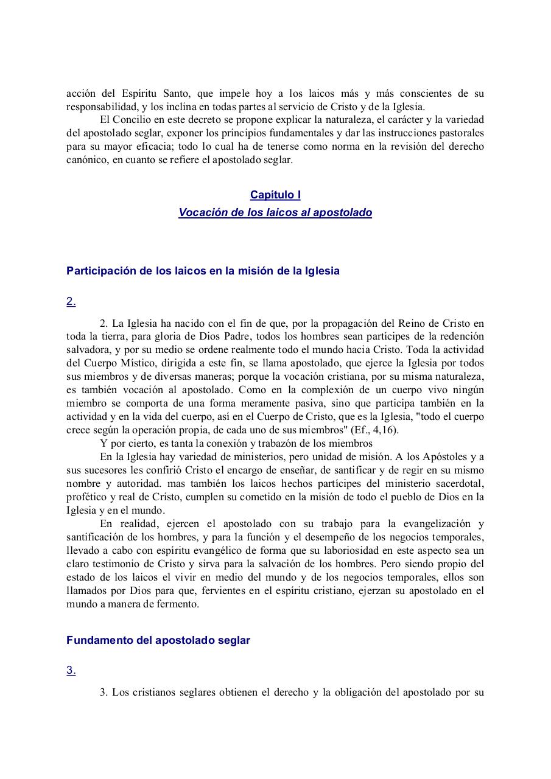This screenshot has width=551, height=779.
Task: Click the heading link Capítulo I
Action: pos(275,195)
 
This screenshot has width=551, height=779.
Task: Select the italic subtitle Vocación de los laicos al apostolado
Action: pos(275,213)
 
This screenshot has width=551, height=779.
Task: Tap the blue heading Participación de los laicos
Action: pos(203,271)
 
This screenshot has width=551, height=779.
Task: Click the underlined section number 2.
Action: pos(71,301)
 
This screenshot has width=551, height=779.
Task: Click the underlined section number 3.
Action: pos(71,671)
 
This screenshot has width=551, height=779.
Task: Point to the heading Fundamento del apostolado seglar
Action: pos(158,641)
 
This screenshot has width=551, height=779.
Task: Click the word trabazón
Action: pos(290,444)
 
